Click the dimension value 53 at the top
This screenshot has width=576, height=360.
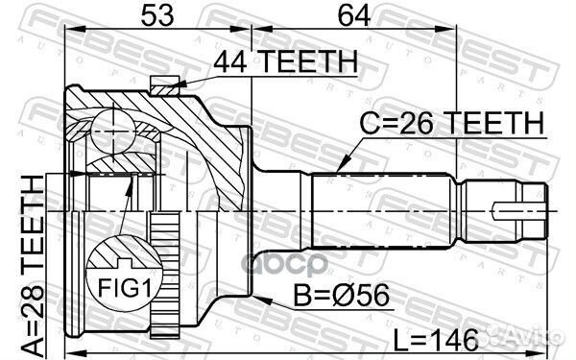point(158,15)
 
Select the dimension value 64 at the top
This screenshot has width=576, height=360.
point(353,15)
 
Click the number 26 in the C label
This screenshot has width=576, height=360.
point(425,124)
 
